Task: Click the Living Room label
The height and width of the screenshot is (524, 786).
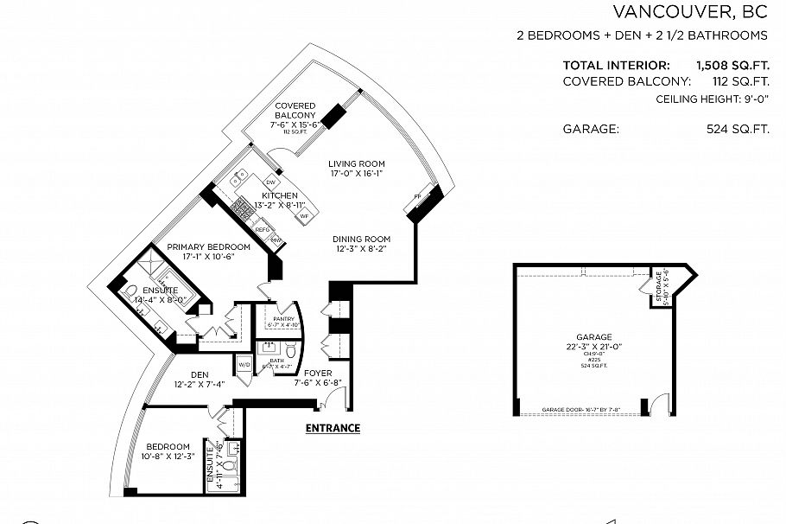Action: tap(357, 163)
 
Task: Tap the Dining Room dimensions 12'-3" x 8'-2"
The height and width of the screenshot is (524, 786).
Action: tap(363, 249)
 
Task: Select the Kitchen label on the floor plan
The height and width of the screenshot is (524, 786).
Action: tap(280, 196)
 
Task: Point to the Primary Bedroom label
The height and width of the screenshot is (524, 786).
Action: tap(208, 247)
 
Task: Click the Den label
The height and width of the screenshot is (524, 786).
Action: tap(200, 374)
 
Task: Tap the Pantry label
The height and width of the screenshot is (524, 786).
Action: tap(284, 319)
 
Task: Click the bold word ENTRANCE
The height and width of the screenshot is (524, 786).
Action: tap(333, 428)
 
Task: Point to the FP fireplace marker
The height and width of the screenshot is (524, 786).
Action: tap(417, 196)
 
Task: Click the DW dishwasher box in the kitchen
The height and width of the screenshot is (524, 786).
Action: tap(270, 182)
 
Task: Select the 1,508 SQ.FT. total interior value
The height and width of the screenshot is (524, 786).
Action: tap(732, 65)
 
